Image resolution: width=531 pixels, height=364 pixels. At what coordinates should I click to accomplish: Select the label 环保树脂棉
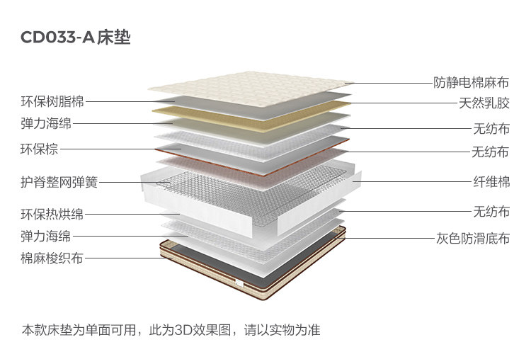coord(52,101)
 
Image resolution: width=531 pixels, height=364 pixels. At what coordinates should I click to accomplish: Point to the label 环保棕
coord(39,149)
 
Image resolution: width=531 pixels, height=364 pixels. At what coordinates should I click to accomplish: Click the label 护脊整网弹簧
coord(59,182)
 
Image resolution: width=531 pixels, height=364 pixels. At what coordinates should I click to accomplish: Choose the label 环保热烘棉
coord(52,214)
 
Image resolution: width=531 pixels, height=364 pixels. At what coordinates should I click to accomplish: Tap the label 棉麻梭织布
coord(52,258)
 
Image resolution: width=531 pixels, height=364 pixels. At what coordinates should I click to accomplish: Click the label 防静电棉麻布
coord(472,83)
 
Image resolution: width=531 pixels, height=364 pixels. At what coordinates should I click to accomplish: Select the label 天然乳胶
coord(484,103)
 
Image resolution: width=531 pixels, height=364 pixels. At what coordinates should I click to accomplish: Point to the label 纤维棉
coord(491,181)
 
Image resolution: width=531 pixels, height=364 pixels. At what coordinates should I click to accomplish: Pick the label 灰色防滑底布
coord(472,238)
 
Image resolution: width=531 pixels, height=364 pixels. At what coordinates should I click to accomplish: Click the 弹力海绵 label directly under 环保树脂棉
coord(45,123)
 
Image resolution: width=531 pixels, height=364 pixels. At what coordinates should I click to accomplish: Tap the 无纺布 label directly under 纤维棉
coord(491,211)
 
